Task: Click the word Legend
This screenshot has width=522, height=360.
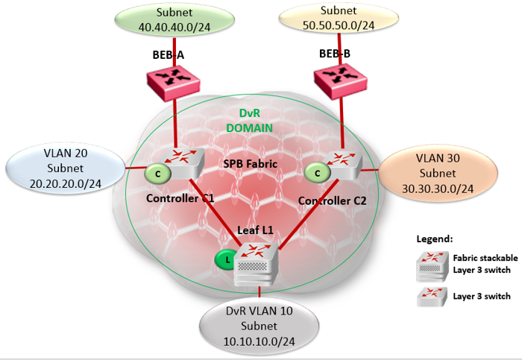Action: (x=435, y=239)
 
